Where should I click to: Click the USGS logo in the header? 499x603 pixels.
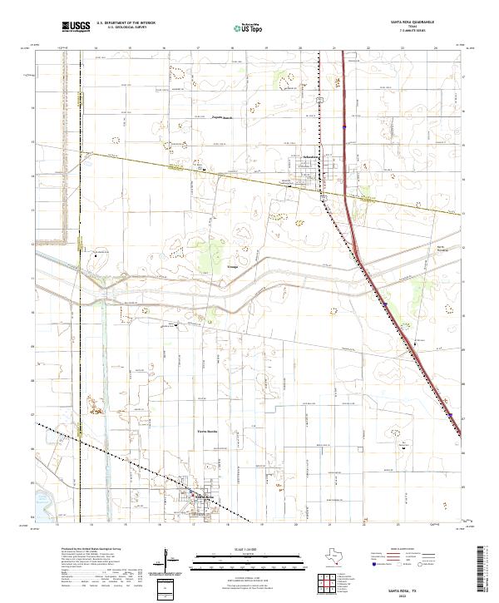[76, 27]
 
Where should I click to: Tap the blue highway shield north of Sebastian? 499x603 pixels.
[344, 127]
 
